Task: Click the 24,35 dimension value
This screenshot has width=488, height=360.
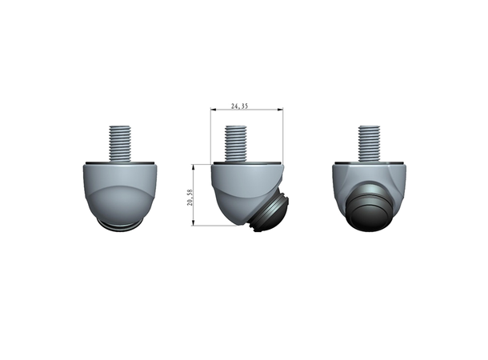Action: pos(239,106)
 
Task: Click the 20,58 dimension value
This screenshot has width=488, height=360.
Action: pos(190,198)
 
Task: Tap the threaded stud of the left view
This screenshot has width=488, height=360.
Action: pos(120,143)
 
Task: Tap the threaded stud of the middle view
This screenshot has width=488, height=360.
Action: pos(235,143)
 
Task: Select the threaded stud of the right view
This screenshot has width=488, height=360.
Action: pos(369,143)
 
